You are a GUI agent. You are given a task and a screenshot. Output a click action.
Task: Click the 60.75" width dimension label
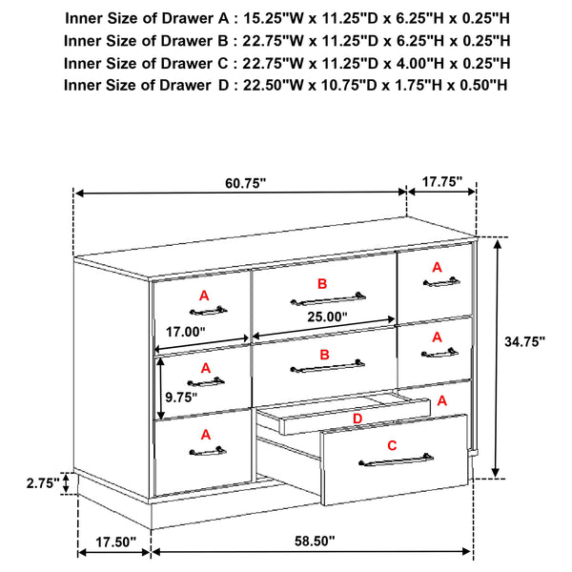[x=245, y=183]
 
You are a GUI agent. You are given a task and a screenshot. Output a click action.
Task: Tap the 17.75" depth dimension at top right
[x=442, y=180]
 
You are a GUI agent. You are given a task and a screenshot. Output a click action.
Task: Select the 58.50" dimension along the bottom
[x=314, y=541]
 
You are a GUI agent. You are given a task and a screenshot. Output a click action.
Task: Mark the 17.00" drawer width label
[x=186, y=333]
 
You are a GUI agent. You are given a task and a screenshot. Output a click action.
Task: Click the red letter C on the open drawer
[x=393, y=444]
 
